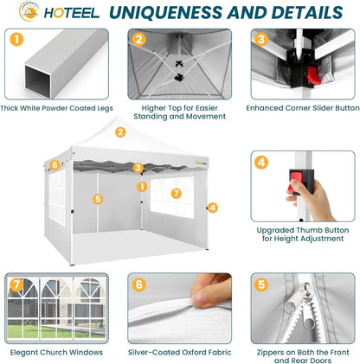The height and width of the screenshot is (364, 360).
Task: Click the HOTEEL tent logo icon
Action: [x=29, y=11]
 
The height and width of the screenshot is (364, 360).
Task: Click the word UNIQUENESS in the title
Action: [x=165, y=12]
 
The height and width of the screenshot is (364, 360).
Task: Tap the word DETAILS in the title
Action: [x=307, y=12]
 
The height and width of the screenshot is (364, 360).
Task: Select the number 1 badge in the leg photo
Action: [x=16, y=40]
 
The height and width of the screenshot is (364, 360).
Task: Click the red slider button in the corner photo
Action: [x=314, y=75]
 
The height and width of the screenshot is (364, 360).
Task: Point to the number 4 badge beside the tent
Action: [x=213, y=208]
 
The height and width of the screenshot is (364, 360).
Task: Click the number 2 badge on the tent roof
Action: [x=120, y=132]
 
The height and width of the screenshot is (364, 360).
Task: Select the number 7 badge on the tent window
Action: [x=177, y=194]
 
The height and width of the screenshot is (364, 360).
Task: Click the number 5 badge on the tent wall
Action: [x=98, y=199]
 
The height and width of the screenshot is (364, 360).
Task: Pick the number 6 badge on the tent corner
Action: [x=55, y=165]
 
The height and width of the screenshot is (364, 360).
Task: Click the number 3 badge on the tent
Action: [x=138, y=168]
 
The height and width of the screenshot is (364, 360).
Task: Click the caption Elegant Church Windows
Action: [x=56, y=352]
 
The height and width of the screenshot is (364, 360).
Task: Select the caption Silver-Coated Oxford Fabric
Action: [x=179, y=352]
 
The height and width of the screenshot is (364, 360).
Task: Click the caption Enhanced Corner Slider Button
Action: [x=303, y=108]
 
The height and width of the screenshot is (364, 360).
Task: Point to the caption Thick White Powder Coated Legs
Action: [x=56, y=108]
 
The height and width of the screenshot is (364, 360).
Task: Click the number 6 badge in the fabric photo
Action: [x=139, y=284]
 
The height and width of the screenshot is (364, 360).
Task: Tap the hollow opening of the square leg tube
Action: [x=37, y=79]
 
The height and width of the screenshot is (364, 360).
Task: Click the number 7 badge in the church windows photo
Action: [x=16, y=284]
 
